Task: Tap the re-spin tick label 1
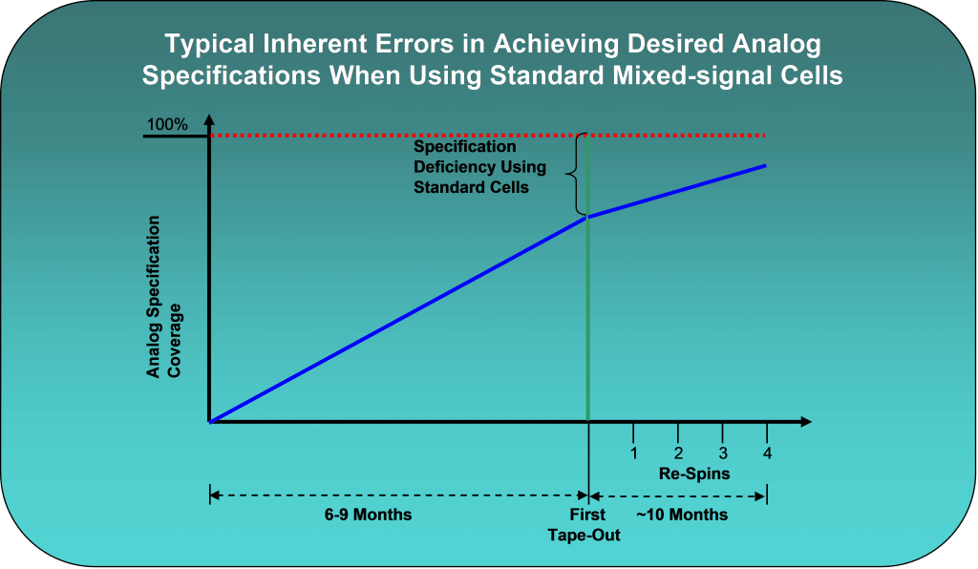633,453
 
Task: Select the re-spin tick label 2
677,453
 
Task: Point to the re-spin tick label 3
722,453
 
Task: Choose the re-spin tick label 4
767,453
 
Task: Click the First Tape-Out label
584,525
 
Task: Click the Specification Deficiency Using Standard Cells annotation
479,167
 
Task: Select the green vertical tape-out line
587,315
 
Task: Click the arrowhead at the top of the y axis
208,120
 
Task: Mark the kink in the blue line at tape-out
587,217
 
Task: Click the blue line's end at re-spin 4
766,165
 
